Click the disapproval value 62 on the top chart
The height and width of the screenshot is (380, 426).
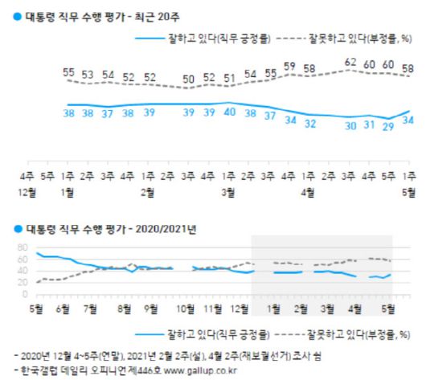[350, 61]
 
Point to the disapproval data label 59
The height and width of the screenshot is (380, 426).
[289, 66]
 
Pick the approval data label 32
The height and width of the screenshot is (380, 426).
[309, 124]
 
